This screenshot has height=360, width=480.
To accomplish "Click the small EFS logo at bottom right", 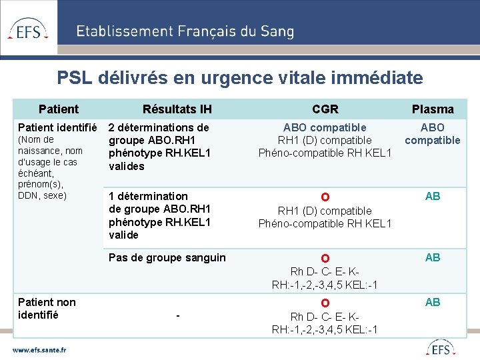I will click(440, 348).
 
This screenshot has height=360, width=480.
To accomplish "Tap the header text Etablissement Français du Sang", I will click(185, 31).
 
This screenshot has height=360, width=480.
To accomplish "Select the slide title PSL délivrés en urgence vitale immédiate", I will click(240, 78).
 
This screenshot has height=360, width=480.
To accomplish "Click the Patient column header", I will click(59, 109).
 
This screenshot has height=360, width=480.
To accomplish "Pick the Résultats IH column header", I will click(177, 109).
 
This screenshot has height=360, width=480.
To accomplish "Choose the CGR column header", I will click(325, 109).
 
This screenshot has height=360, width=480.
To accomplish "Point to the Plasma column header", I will click(433, 109).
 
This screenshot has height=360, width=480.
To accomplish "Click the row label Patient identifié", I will click(58, 127).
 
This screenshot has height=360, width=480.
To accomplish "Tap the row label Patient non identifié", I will click(47, 309).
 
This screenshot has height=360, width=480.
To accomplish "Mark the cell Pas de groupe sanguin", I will click(167, 258).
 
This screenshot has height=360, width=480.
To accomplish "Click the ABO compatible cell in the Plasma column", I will click(433, 133).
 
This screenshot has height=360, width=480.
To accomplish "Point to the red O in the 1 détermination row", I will click(325, 197).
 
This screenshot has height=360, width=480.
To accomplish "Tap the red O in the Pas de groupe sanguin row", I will click(325, 259).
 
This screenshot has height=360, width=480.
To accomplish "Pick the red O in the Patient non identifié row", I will click(325, 304).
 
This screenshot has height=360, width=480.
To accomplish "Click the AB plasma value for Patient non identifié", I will click(433, 303).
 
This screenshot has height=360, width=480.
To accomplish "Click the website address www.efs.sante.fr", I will click(39, 349).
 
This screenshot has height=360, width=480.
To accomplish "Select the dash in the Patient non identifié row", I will click(177, 315).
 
